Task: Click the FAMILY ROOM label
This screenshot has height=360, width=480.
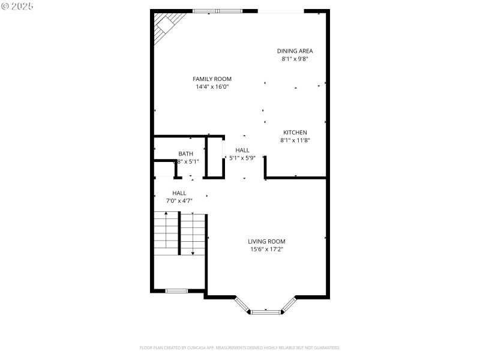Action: pos(212,79)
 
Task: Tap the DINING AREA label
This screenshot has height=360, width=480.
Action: pos(295,51)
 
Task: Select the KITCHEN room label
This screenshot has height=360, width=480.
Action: pos(295,133)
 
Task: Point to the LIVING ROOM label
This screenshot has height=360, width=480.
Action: pos(266,241)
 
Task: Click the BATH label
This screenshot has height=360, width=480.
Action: pos(185,154)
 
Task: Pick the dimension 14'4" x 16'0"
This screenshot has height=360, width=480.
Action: pos(212,87)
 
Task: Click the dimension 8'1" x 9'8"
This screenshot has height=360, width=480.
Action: pos(295,59)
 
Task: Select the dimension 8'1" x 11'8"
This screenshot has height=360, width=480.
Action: pos(295,140)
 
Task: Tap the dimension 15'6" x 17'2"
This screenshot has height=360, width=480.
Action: pos(266,249)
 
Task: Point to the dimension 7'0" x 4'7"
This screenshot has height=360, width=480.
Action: pos(179,200)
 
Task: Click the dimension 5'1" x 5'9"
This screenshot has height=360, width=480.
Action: pos(242,158)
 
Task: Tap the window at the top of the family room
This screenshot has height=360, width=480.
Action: pos(217,11)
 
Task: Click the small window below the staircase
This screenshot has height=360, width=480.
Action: pos(176,291)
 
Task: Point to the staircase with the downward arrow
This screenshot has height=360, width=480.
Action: pos(193,234)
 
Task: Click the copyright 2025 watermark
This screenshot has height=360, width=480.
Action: pos(17,5)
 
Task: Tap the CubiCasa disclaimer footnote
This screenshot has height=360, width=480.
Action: pos(240,347)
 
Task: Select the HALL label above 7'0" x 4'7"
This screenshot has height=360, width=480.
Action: pos(179,193)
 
